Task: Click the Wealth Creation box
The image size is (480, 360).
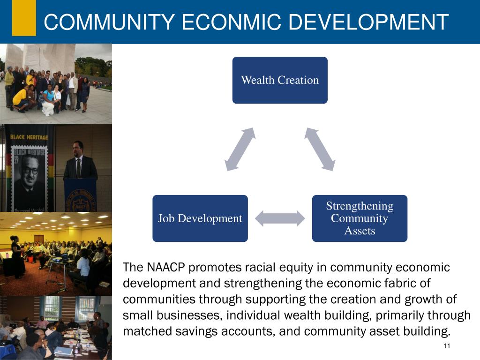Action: [280, 80]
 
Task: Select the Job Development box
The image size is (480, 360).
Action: [200, 218]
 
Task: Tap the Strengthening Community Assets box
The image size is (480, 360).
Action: [360, 218]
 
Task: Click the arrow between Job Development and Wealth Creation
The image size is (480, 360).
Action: [240, 149]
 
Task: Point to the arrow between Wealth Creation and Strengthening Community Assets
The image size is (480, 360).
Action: [320, 149]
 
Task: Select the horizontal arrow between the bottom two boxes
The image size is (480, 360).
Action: [280, 218]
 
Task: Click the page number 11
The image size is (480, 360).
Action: [446, 346]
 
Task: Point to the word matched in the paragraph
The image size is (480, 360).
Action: [142, 331]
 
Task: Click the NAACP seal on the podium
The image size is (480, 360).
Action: [80, 197]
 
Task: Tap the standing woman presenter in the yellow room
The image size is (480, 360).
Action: [17, 255]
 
